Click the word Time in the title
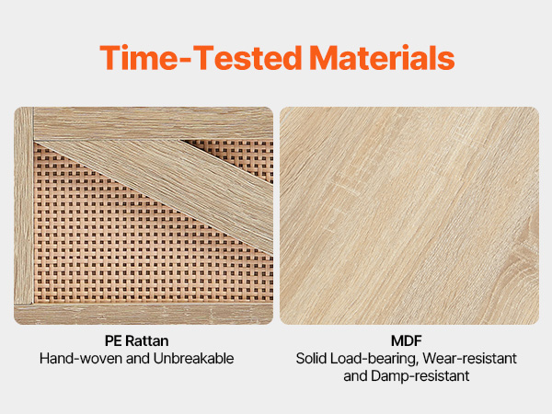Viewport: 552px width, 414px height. click(139, 57)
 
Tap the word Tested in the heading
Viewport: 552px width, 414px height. click(247, 57)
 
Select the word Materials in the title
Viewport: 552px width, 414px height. click(382, 57)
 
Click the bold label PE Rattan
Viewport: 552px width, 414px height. click(136, 340)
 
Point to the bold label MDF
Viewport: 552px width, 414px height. click(407, 340)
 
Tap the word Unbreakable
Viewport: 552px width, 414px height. click(193, 359)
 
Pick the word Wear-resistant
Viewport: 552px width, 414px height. click(470, 359)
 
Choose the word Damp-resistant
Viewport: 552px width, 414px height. click(420, 376)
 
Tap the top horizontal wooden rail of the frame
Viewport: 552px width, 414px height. click(153, 123)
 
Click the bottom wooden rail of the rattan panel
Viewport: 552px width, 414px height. click(144, 314)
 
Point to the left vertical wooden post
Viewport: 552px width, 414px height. click(24, 205)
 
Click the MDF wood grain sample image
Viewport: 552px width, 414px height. click(409, 215)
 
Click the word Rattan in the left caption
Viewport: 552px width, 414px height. click(147, 340)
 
